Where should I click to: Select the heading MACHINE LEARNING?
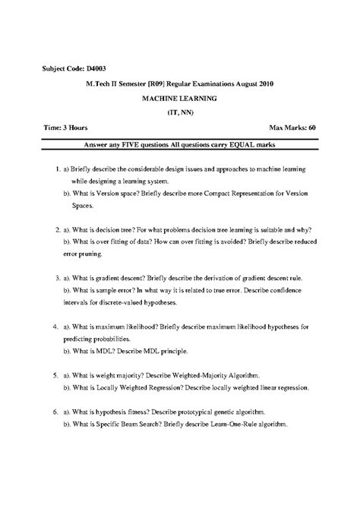pos(180,98)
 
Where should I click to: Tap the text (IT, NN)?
pos(179,112)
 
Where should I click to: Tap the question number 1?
pos(58,172)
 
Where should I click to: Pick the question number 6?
pos(57,412)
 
